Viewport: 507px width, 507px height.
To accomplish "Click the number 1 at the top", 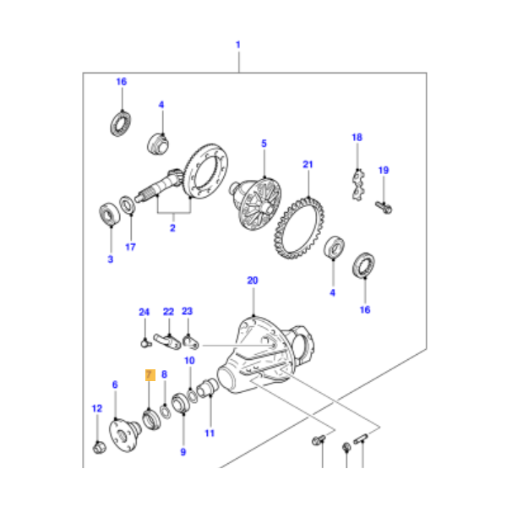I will (238, 44).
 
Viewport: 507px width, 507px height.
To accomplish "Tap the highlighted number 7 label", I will (149, 373).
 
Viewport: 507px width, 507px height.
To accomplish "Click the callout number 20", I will (251, 281).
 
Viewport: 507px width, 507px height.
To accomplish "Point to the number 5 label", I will (264, 144).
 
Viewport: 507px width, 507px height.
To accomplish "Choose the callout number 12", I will (95, 409).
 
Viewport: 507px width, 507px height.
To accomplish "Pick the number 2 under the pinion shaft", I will (172, 227).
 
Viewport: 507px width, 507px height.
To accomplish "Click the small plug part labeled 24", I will (144, 341).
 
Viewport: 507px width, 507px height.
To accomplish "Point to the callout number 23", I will (188, 311).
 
